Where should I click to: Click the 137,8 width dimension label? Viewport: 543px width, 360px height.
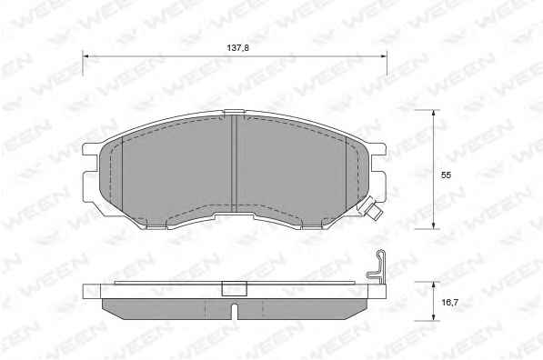[x=238, y=48]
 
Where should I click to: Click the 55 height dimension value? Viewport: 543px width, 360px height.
[x=446, y=175]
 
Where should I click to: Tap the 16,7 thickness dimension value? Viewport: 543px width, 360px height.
[x=450, y=303]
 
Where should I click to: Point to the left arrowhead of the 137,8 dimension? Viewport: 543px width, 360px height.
[x=85, y=55]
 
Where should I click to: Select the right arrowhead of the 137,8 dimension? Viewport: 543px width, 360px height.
[x=384, y=55]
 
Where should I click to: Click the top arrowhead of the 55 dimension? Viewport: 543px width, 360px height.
[x=433, y=113]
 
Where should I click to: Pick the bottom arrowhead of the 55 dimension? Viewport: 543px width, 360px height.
[x=433, y=225]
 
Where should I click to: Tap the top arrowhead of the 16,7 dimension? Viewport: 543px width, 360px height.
[x=433, y=285]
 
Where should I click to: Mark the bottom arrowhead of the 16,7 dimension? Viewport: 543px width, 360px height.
[x=433, y=317]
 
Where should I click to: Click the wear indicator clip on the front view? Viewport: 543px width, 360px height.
[x=371, y=208]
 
